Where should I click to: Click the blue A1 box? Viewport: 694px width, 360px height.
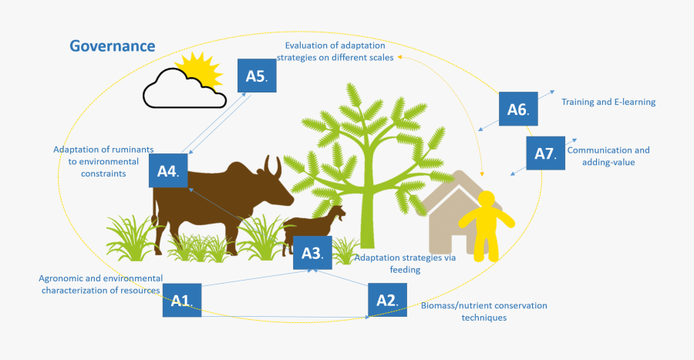[182, 301]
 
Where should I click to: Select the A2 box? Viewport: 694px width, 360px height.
[387, 301]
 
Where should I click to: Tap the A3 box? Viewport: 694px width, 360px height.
[312, 253]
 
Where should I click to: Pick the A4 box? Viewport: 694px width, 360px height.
[168, 170]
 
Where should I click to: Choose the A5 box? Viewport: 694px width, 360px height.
[257, 76]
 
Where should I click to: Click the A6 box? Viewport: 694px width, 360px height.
[518, 109]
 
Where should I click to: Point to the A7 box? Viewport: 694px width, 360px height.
[545, 153]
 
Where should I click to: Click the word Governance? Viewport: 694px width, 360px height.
[113, 46]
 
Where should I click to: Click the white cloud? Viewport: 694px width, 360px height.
[184, 89]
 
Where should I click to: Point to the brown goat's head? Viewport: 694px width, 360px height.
[339, 214]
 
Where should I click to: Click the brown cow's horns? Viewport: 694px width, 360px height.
[272, 166]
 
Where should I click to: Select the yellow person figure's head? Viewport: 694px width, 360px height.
[487, 200]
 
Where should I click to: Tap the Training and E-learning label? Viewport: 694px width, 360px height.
[608, 103]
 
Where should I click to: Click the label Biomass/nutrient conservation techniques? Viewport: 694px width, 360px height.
[483, 311]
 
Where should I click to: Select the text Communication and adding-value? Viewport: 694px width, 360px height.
[608, 156]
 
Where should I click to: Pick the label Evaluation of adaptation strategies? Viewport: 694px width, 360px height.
[335, 52]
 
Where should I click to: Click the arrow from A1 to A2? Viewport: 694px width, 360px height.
[285, 317]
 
